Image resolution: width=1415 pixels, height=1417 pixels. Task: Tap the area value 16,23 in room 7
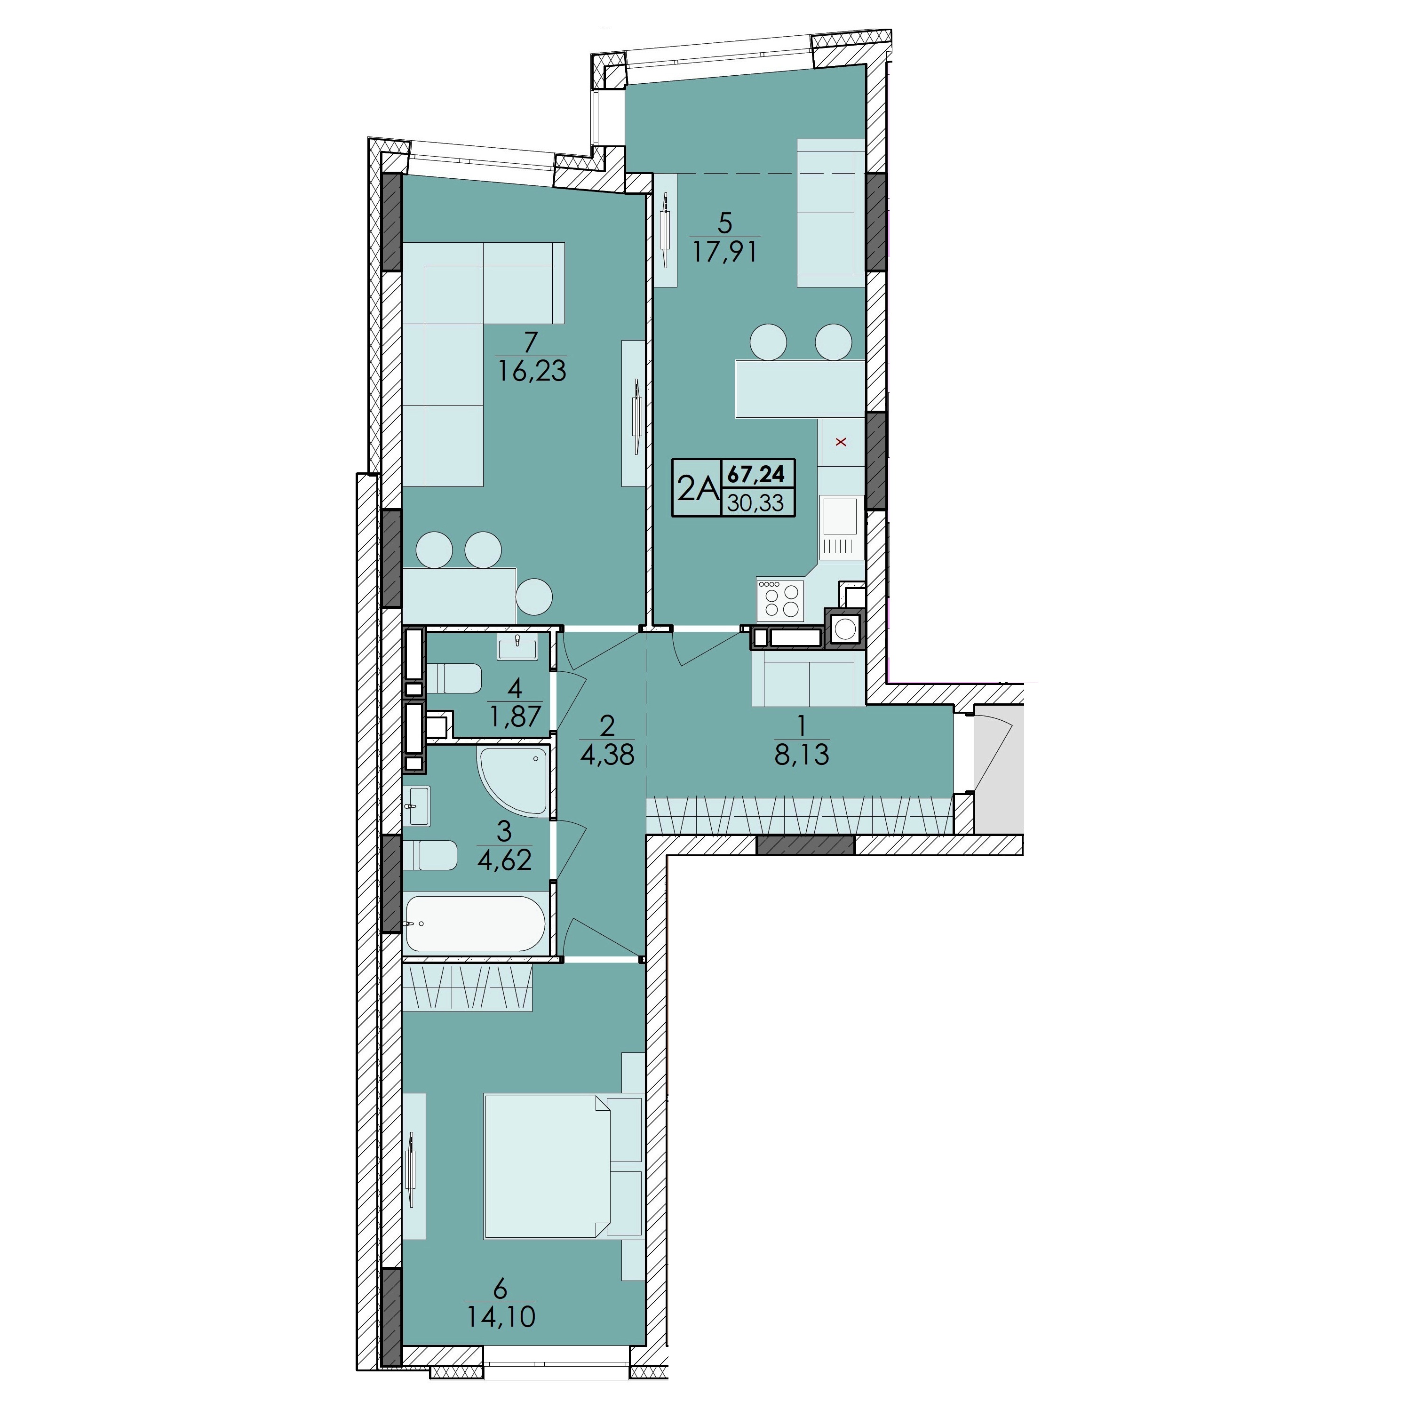[x=533, y=370]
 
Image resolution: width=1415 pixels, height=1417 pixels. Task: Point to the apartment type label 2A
[x=696, y=487]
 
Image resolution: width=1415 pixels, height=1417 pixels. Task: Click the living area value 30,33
[x=756, y=502]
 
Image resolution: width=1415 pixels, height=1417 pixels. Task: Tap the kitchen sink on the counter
[x=839, y=517]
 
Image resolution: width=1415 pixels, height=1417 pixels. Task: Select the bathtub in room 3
[x=475, y=923]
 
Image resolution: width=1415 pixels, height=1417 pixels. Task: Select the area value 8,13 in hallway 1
[x=802, y=755]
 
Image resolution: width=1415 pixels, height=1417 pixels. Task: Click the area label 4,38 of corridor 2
[x=607, y=755]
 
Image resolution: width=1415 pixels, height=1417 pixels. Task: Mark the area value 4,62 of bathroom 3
[x=504, y=859]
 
